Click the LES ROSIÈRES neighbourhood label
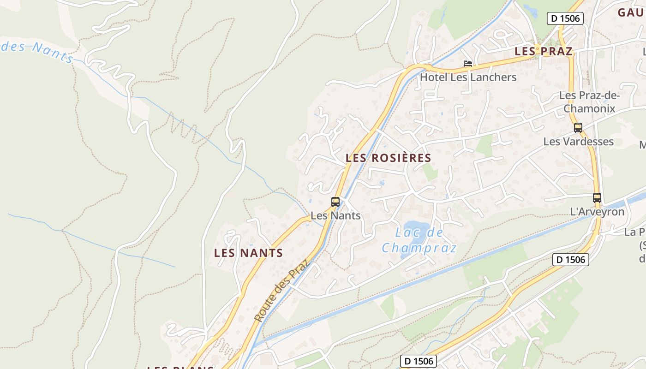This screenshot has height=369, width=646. pos(388,158)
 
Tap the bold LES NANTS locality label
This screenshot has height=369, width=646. pos(248,253)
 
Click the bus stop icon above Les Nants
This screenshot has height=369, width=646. pos(335,202)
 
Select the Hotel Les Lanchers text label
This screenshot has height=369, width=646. pos(468,77)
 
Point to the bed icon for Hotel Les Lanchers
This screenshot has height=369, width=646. pos(468,64)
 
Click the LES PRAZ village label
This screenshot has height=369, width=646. pos(543,51)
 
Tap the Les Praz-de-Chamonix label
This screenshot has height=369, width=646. pos(589,102)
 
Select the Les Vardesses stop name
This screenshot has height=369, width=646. pos(578,141)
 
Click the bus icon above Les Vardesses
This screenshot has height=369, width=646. pos(578,128)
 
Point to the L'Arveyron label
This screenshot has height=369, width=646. pos(597,212)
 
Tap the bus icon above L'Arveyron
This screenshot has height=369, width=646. pos(597,198)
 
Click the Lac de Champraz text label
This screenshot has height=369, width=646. pos(419,240)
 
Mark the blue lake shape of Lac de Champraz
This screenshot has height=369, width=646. pos(418,238)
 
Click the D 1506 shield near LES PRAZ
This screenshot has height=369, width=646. pos(565,18)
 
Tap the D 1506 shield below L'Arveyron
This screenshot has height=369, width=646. pos(571,259)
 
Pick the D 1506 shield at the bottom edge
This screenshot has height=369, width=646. pos(418,361)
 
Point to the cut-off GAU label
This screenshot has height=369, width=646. pos(631,12)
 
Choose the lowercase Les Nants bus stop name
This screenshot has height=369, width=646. pos(335,215)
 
